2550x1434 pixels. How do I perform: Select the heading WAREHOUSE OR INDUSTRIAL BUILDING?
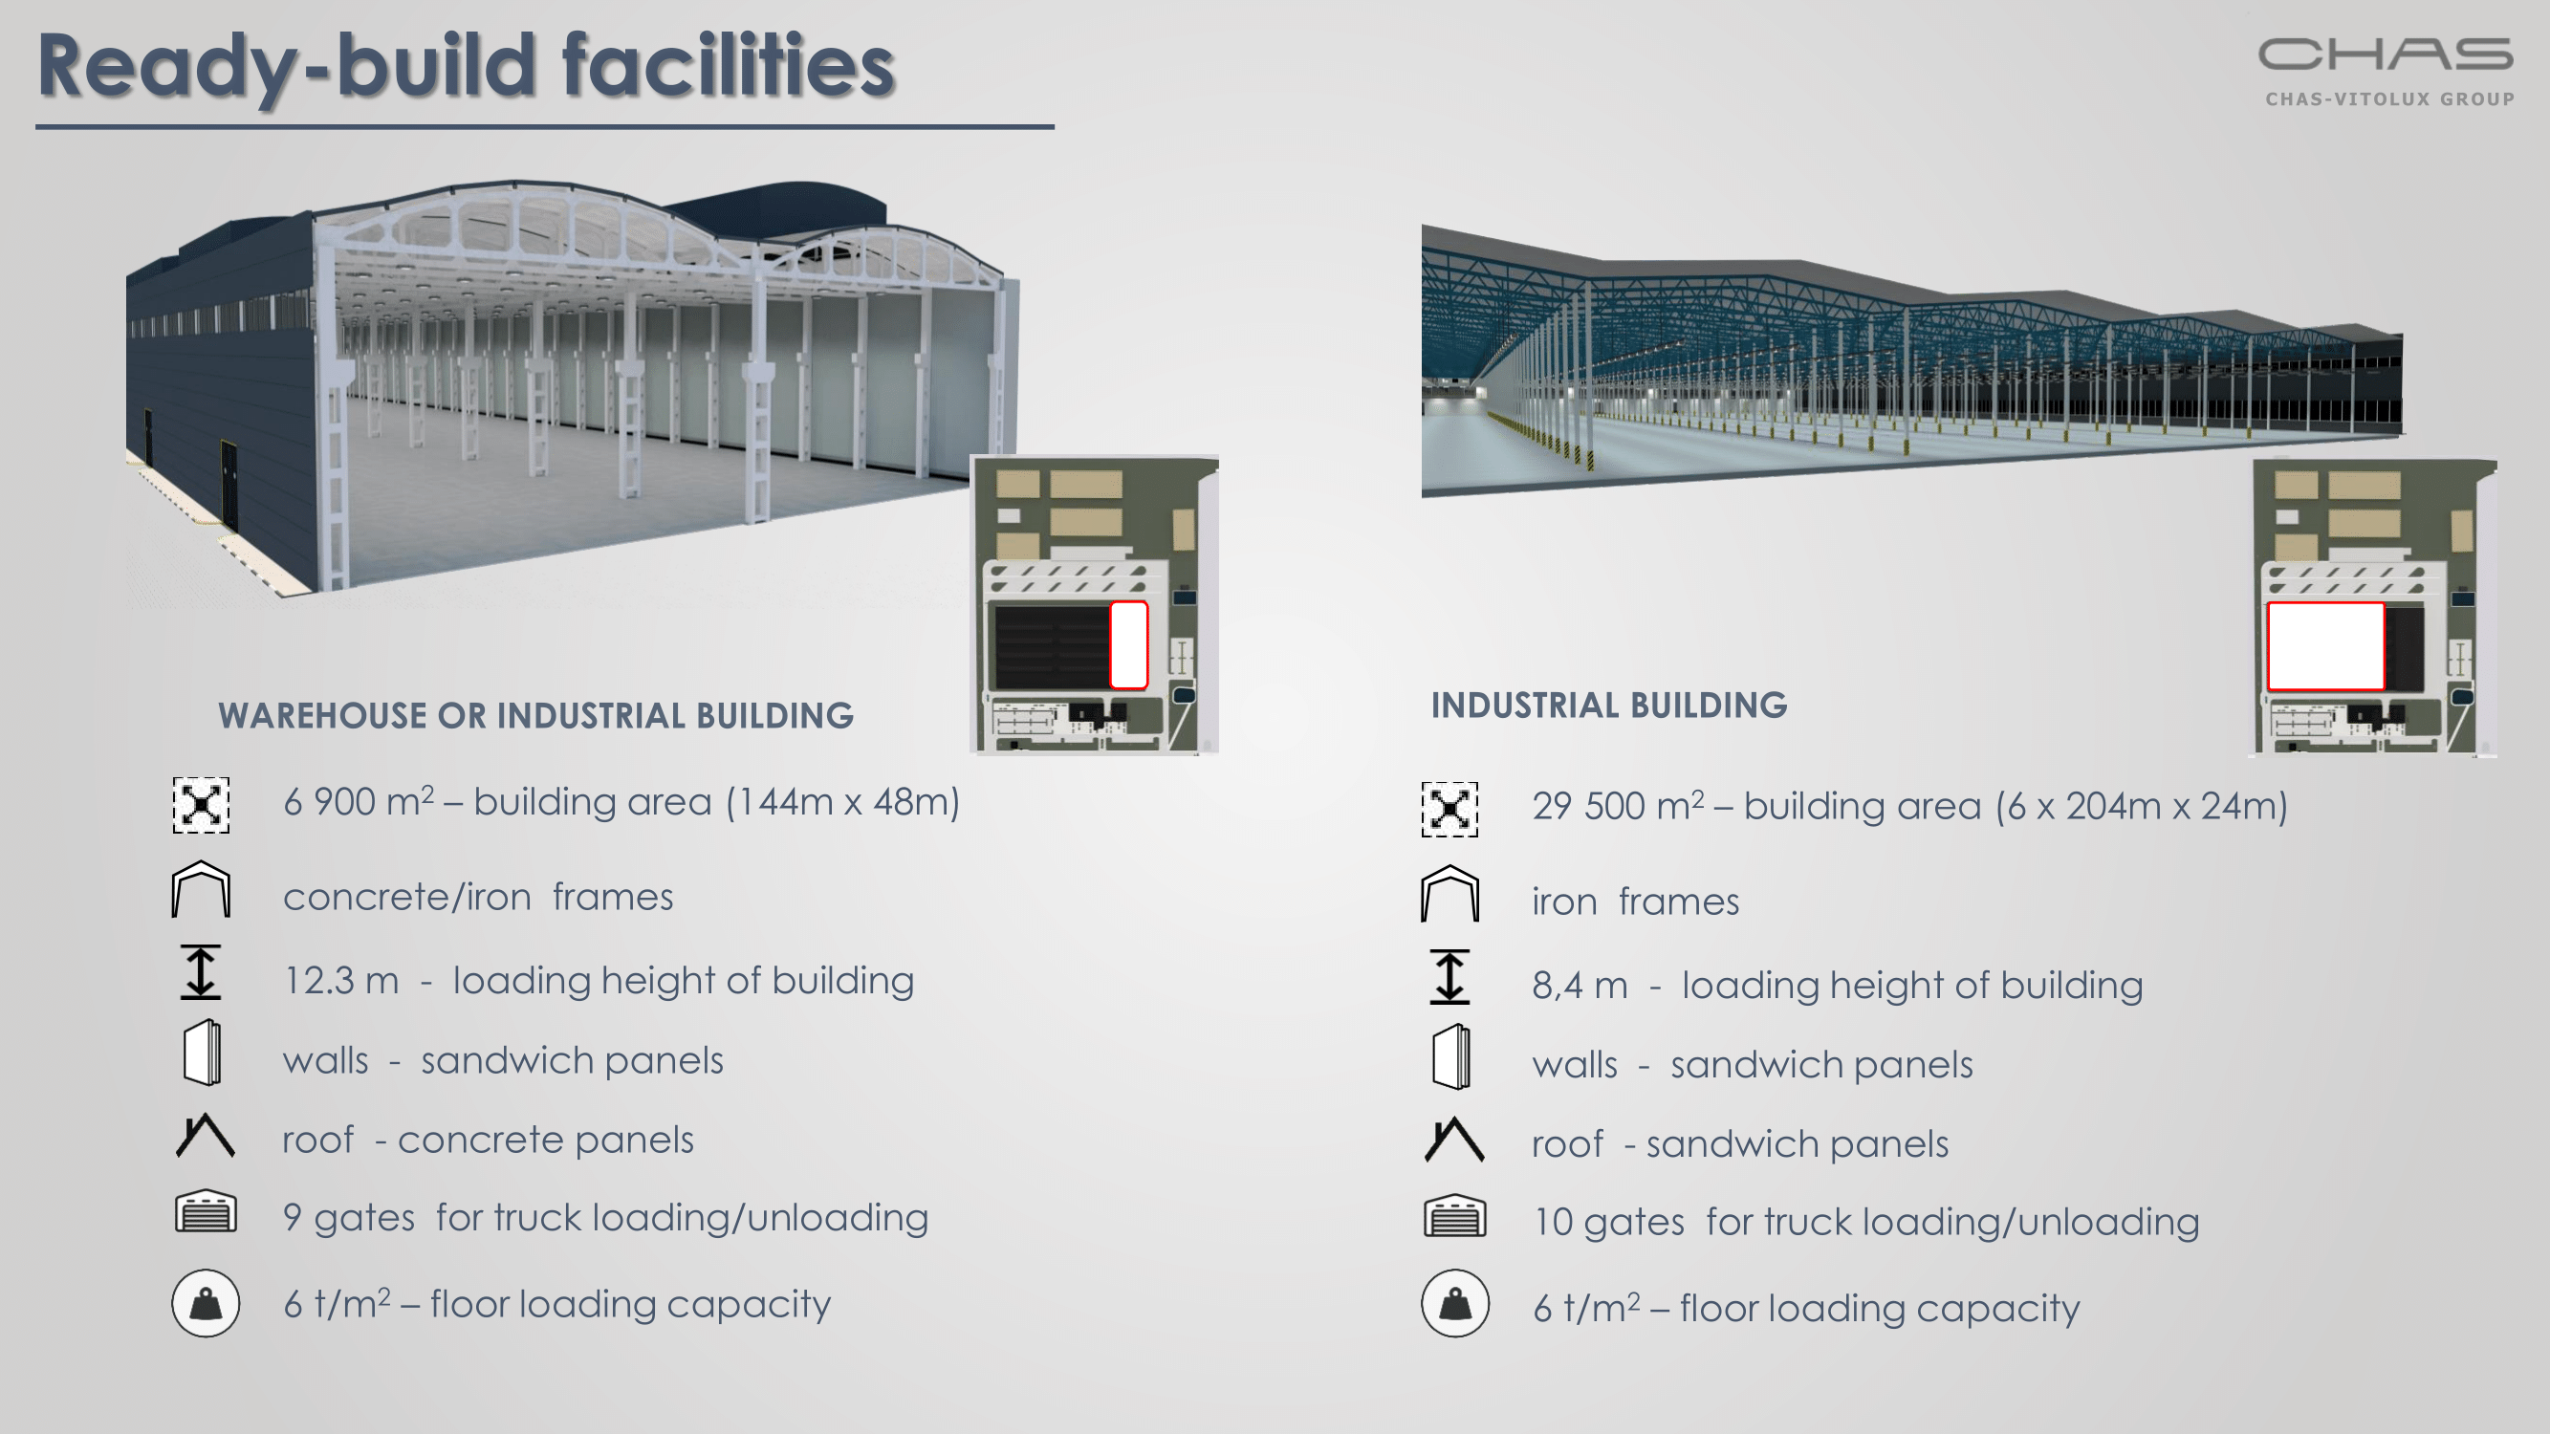[x=535, y=715]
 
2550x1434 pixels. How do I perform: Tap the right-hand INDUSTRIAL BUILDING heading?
[x=1608, y=705]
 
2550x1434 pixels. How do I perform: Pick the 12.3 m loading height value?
[x=341, y=981]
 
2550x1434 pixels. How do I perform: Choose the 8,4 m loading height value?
[x=1580, y=986]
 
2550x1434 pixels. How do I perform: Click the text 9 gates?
[x=348, y=1218]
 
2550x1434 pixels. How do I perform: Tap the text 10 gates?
[x=1608, y=1222]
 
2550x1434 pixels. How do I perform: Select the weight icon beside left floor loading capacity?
[x=206, y=1303]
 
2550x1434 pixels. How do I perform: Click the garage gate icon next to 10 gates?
[x=1454, y=1216]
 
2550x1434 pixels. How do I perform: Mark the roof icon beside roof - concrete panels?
[x=205, y=1135]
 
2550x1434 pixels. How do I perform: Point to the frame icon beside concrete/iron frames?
[x=201, y=889]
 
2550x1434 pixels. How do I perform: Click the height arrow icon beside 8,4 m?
[x=1449, y=977]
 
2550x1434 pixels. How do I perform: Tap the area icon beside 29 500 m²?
[x=1449, y=810]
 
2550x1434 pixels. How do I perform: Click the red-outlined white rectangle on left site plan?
[x=1128, y=645]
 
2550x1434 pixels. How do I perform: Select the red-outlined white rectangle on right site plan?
[x=2325, y=646]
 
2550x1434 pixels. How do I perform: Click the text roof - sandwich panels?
[x=1740, y=1144]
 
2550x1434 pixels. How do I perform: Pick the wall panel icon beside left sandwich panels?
[x=202, y=1053]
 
